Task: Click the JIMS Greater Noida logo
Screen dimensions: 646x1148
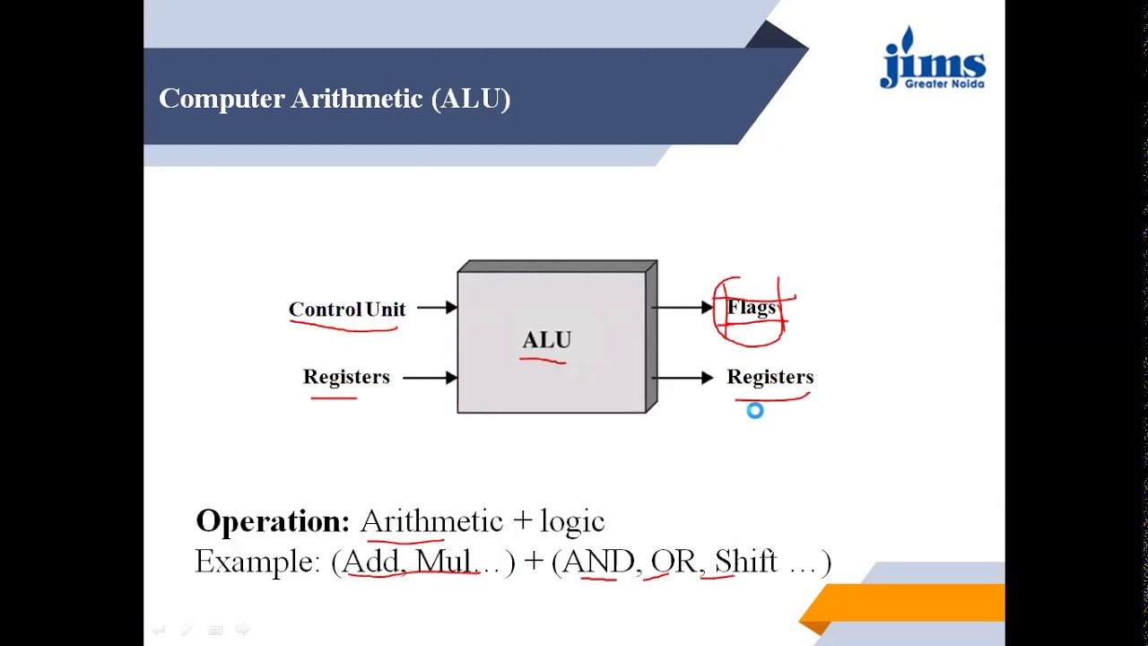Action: pos(933,60)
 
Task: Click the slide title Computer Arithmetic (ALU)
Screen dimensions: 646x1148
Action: pos(335,99)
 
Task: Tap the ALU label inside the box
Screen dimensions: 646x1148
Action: pos(546,340)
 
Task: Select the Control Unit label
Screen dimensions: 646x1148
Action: pos(347,310)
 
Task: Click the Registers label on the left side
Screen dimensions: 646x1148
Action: pos(346,377)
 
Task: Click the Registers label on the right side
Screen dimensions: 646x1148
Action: pos(770,377)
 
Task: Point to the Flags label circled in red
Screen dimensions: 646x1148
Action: pos(752,309)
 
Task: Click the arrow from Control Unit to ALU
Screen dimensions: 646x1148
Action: pos(437,308)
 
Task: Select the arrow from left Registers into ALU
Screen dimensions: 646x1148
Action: pos(430,378)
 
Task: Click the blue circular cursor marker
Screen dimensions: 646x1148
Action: pos(755,411)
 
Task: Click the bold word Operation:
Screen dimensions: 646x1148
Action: pos(272,521)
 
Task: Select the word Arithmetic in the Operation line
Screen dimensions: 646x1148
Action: pos(431,521)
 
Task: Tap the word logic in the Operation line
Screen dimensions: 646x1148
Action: pos(572,521)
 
